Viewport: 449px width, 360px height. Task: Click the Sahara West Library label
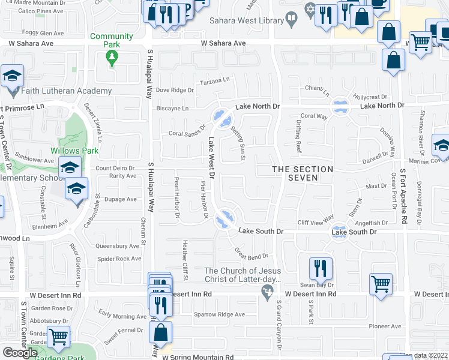[x=246, y=20]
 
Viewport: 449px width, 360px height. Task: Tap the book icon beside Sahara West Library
[x=291, y=19]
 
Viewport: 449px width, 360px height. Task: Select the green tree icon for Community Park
[x=111, y=58]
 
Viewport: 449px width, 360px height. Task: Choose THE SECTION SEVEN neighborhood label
[x=303, y=174]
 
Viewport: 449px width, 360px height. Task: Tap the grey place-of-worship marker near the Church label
[x=267, y=292]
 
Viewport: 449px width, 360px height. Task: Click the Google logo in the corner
[x=20, y=352]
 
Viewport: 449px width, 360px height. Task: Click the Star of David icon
[x=310, y=10]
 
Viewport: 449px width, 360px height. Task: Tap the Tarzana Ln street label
[x=215, y=80]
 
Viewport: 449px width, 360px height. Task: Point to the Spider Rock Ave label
[x=119, y=259]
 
